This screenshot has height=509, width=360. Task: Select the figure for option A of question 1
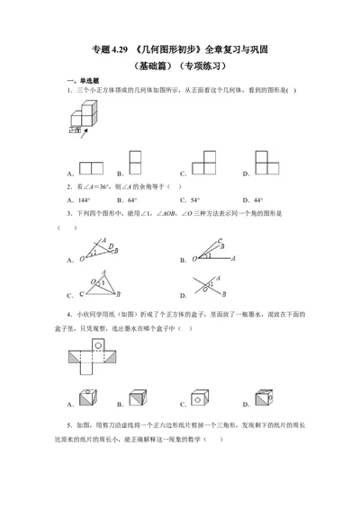(x=92, y=166)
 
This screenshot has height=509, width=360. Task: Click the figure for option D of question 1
(x=266, y=162)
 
